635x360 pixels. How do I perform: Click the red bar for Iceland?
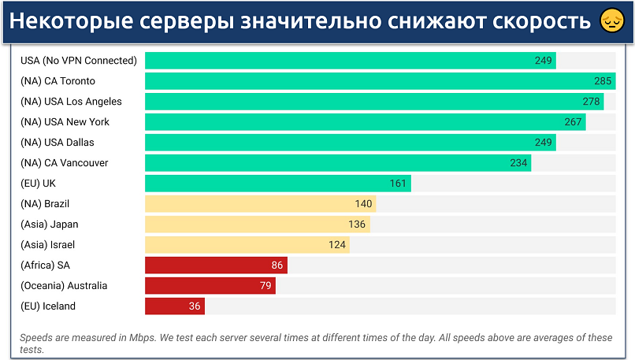point(175,306)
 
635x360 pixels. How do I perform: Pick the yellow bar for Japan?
point(257,225)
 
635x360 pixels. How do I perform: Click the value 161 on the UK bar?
point(398,184)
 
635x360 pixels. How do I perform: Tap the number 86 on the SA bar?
point(277,265)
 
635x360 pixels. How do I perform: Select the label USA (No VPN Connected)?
point(78,61)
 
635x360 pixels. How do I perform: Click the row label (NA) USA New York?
point(65,122)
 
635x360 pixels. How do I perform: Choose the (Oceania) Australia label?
point(64,286)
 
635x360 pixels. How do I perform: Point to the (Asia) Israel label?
point(48,245)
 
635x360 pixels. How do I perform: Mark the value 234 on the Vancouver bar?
point(518,163)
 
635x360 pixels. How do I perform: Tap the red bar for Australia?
point(210,286)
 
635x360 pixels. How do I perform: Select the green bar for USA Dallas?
point(350,143)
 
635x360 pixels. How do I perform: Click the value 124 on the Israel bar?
point(337,245)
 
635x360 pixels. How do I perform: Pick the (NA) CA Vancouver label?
point(65,163)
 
